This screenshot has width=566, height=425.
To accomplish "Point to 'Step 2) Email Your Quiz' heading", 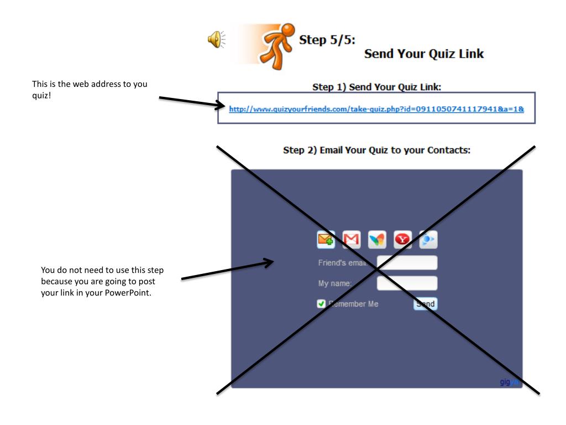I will (376, 150).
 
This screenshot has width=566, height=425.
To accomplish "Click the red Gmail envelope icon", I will (352, 240).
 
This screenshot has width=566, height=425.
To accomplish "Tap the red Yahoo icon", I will (402, 240).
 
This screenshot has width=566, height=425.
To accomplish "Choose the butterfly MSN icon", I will (377, 240).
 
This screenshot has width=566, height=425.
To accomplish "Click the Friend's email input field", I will (407, 262).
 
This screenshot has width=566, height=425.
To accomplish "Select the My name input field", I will (407, 283).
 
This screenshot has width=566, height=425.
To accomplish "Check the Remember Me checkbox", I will (321, 303).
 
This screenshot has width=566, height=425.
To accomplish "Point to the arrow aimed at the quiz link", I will (191, 100).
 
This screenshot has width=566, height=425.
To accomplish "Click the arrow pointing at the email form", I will (227, 269).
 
